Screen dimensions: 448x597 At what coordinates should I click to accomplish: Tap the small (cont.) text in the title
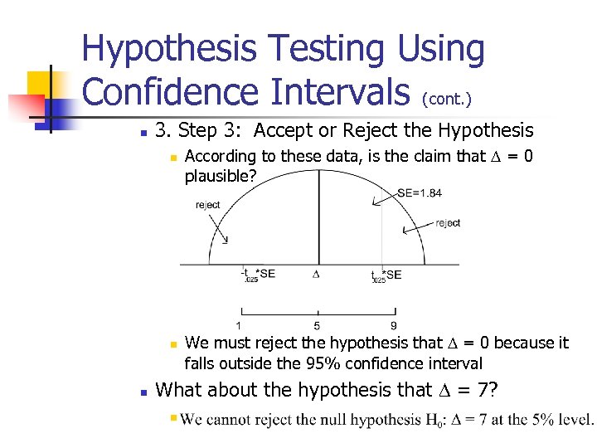click(447, 100)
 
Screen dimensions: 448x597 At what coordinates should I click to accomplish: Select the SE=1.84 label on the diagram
click(420, 193)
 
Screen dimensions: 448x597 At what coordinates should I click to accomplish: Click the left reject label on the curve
click(207, 205)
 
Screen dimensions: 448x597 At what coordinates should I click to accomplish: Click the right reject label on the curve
click(448, 222)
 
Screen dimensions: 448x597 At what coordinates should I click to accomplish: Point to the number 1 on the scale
click(240, 325)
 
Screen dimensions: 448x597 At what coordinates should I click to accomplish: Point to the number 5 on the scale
click(317, 325)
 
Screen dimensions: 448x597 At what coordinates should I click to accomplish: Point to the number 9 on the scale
click(394, 325)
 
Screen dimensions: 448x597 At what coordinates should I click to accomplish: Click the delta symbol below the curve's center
click(316, 274)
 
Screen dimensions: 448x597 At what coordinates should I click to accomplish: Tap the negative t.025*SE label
click(258, 275)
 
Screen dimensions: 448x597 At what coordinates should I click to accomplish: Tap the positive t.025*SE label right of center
click(386, 275)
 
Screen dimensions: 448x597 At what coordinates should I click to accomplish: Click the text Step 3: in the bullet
click(211, 130)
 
